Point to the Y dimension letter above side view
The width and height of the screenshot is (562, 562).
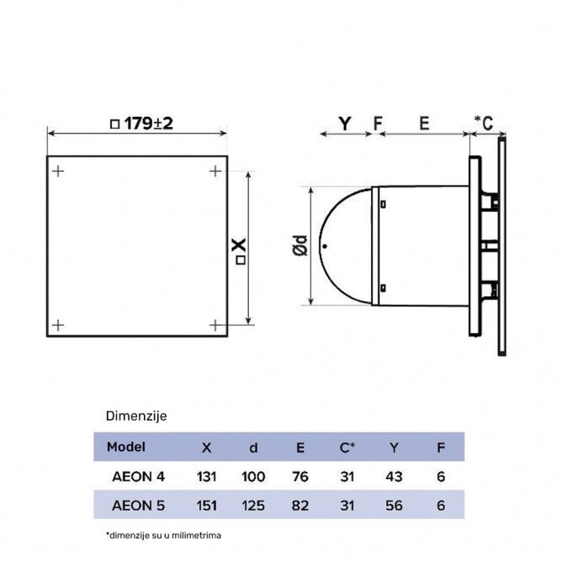click(x=344, y=124)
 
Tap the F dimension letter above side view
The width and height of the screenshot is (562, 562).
click(x=378, y=124)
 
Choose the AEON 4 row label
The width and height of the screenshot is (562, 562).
click(x=138, y=476)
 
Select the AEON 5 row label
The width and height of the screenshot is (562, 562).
click(x=138, y=506)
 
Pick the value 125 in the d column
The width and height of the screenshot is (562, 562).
click(x=252, y=506)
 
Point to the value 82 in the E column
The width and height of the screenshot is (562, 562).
click(x=300, y=506)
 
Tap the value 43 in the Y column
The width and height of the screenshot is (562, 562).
click(x=393, y=476)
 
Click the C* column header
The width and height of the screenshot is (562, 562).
click(x=347, y=447)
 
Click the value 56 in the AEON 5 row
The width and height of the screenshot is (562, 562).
click(x=393, y=506)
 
